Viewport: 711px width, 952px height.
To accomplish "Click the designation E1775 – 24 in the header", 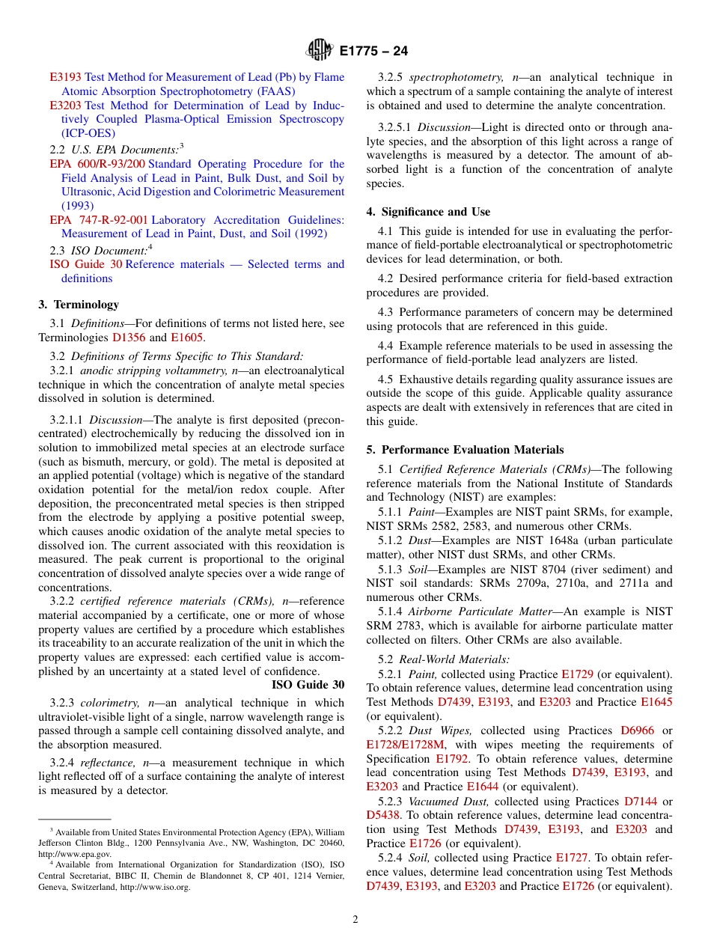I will coord(373,52).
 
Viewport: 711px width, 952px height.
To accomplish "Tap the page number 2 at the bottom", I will coord(355,919).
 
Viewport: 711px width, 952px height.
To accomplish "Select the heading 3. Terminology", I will coord(79,305).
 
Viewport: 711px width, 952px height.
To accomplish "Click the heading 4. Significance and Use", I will coord(428,212).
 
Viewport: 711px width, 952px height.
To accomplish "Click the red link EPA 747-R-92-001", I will coord(99,220).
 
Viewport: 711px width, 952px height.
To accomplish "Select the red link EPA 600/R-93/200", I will coord(97,164).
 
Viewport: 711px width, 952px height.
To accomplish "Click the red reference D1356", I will coord(129,338).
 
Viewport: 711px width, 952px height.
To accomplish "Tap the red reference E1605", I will coord(186,338).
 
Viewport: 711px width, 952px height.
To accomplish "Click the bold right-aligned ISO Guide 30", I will coord(308,684).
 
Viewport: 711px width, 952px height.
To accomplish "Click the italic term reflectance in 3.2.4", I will coord(104,763).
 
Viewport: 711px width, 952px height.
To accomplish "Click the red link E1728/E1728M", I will coord(405,745).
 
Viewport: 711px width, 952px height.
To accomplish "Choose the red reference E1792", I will coord(454,759).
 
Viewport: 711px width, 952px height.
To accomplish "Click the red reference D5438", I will coord(382,815).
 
